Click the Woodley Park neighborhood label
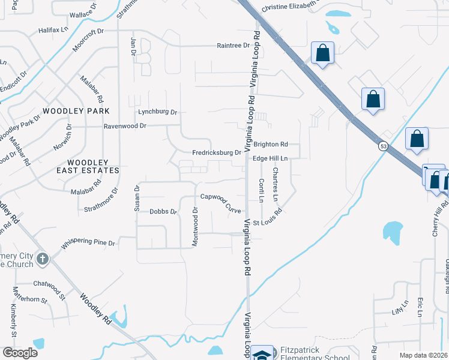pos(76,111)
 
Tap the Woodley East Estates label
pos(93,166)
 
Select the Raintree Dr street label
pos(233,45)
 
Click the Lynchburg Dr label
pos(158,112)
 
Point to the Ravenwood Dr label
pos(125,126)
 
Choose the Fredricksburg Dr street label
pos(216,152)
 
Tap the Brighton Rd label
pos(271,144)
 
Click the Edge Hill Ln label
pos(271,158)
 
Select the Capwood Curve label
pos(221,203)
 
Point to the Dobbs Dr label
pos(163,212)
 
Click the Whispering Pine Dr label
pos(88,243)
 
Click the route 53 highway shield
pos(382,145)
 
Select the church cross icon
pos(42,259)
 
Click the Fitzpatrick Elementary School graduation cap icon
pos(261,354)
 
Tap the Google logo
pos(19,353)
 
